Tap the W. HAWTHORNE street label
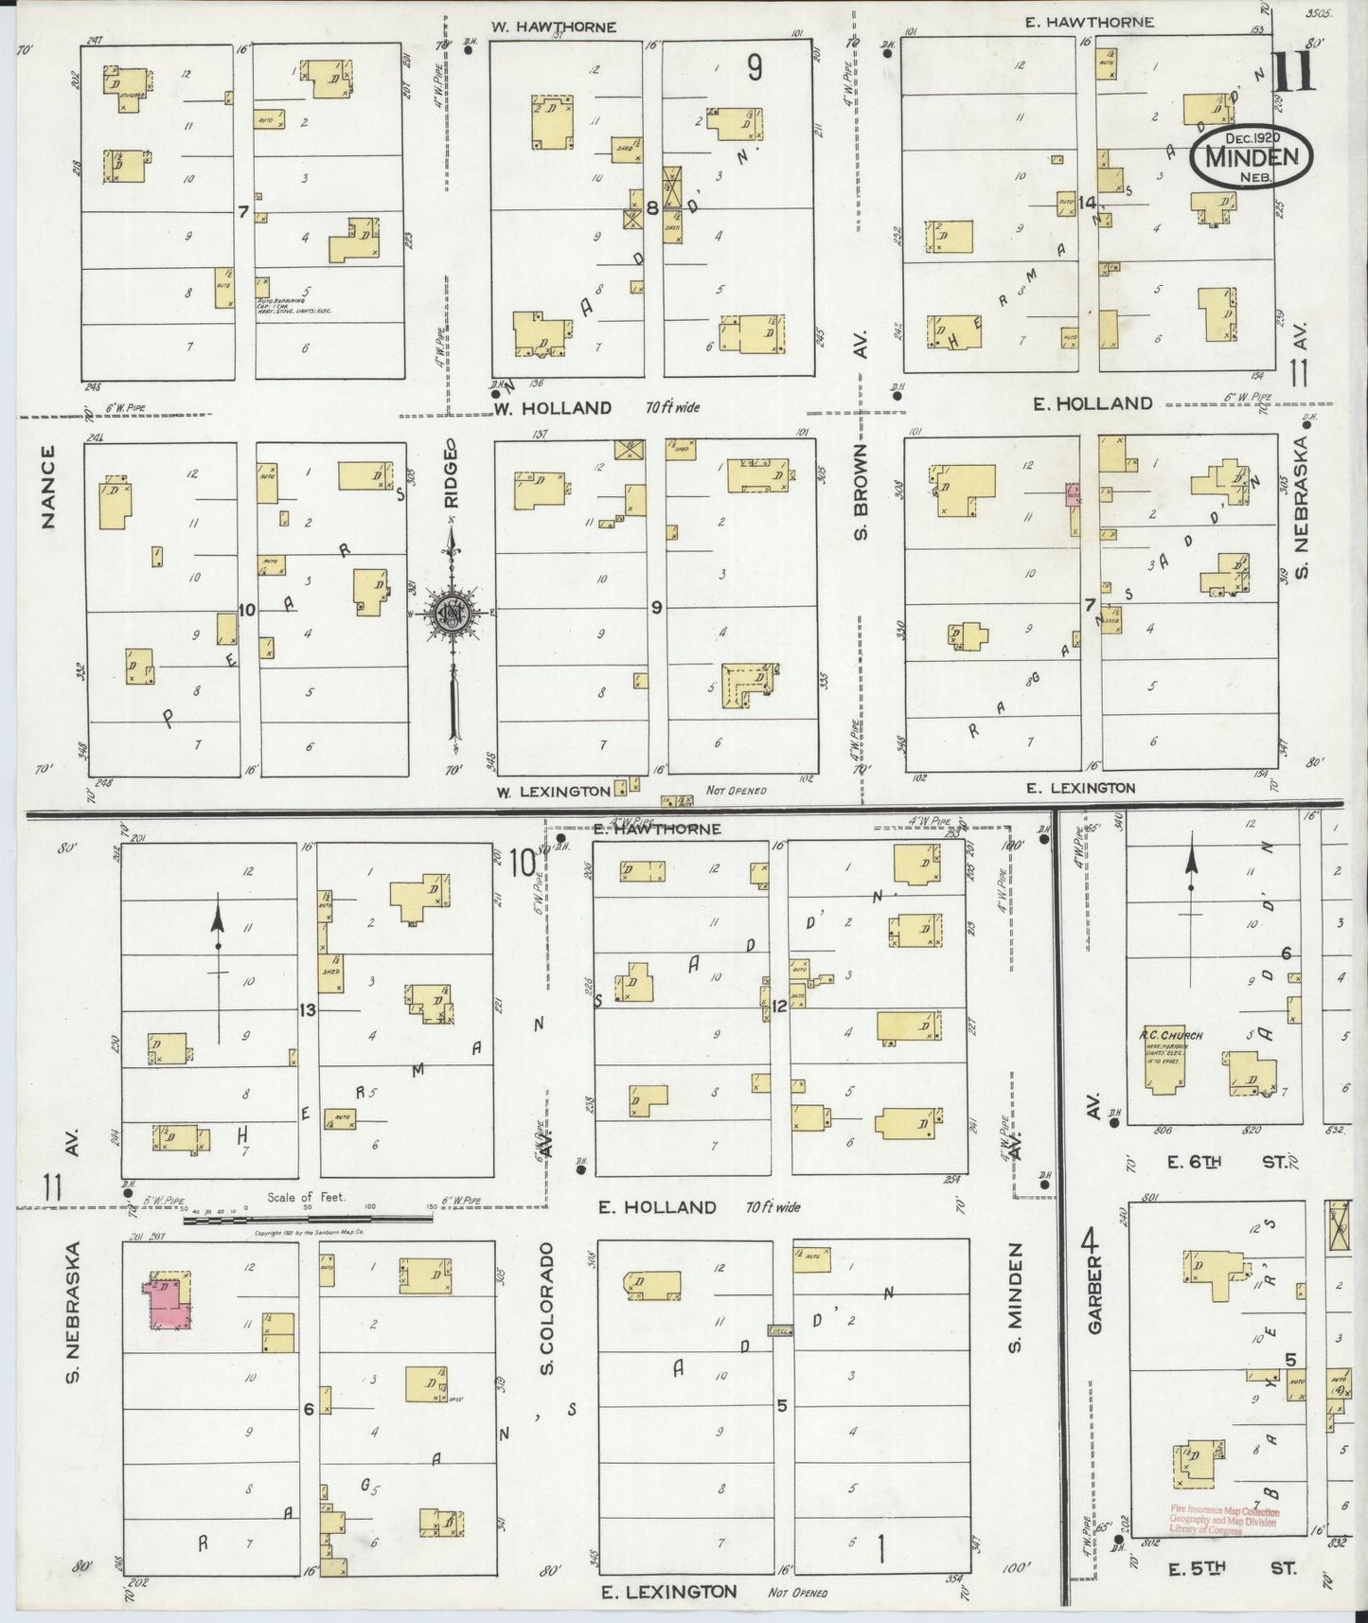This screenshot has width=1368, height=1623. tap(554, 27)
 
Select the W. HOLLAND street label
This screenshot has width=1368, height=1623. tap(553, 408)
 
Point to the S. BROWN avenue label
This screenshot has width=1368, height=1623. tap(861, 492)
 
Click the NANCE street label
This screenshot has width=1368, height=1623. tap(49, 487)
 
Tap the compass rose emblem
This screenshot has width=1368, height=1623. tap(453, 615)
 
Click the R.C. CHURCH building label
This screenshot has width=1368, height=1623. tap(1170, 1035)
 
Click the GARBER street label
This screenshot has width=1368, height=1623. tap(1095, 1308)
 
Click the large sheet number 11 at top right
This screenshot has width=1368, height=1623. tap(1293, 71)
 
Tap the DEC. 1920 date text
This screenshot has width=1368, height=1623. tap(1252, 137)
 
